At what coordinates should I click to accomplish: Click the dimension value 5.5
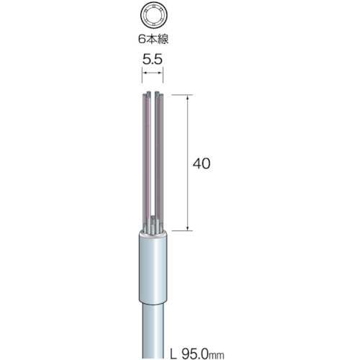(x=153, y=59)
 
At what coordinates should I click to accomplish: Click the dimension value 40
(x=202, y=163)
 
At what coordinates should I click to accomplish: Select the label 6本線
(x=153, y=39)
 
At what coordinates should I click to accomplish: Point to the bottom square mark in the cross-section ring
(x=153, y=26)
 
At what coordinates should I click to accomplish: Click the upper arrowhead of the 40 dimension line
(x=188, y=97)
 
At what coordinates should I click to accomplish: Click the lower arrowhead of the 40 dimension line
(x=188, y=228)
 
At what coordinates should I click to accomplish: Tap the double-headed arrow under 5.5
(x=153, y=73)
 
